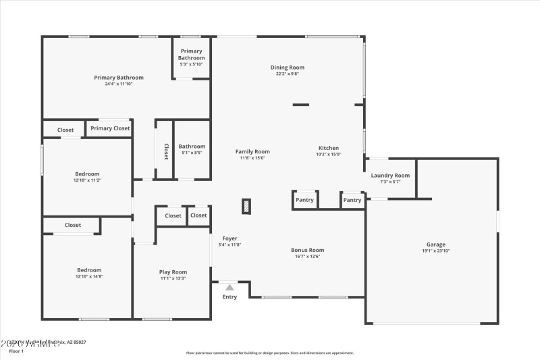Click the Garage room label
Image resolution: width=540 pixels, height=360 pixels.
tap(435, 245)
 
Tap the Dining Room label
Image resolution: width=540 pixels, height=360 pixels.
tap(288, 68)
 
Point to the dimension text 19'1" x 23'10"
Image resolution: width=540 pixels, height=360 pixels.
tap(435, 251)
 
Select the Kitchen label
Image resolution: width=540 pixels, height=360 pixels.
tap(329, 148)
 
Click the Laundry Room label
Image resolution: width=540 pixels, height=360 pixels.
tap(390, 176)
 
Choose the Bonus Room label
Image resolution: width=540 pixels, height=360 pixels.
tap(307, 250)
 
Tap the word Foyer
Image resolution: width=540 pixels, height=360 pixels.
tap(230, 238)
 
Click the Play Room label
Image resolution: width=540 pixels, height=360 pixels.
tap(173, 272)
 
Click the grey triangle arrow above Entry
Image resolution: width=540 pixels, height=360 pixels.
tap(230, 288)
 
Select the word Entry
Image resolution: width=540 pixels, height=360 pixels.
tap(230, 297)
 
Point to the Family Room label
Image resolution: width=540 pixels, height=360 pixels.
tap(252, 152)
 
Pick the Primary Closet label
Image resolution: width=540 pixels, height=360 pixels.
tap(110, 128)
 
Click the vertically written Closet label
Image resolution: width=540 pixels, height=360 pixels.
tap(166, 152)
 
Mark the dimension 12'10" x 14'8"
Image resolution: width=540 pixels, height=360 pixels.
tap(88, 276)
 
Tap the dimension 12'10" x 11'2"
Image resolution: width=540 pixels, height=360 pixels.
tap(86, 180)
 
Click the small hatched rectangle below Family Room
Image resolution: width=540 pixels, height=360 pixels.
tap(246, 206)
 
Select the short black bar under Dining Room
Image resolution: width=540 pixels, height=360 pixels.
tap(300, 105)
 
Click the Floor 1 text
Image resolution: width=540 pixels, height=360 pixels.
tap(16, 351)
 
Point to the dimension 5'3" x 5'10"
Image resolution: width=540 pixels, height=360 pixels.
tap(192, 65)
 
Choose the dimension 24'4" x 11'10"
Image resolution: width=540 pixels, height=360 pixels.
tap(119, 84)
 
